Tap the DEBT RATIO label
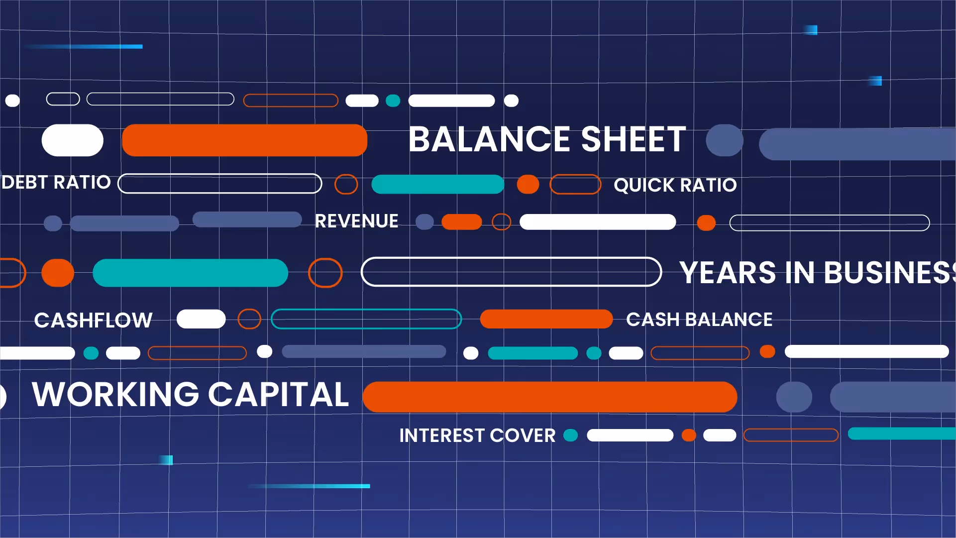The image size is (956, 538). (x=56, y=183)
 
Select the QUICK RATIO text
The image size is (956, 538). (x=675, y=185)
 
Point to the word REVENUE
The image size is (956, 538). (x=356, y=221)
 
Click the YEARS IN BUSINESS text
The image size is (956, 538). (x=816, y=273)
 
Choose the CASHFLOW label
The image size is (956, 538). (x=93, y=320)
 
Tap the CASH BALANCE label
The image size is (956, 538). (x=699, y=320)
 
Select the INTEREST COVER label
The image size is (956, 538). (x=477, y=435)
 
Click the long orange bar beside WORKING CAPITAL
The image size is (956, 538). (x=549, y=397)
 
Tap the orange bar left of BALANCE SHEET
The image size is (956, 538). (x=244, y=140)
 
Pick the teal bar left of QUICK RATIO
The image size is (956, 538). (x=437, y=184)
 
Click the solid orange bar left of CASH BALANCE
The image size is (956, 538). (x=546, y=319)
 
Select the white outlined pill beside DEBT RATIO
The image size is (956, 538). (x=219, y=183)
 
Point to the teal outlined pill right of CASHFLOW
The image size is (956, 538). (x=366, y=319)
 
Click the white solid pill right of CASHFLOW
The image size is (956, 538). (x=201, y=319)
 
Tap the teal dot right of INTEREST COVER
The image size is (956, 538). (x=570, y=435)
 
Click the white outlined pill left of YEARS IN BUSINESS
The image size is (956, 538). (x=511, y=272)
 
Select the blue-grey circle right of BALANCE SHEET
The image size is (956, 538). (x=724, y=140)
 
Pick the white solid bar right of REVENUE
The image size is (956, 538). (x=597, y=222)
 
